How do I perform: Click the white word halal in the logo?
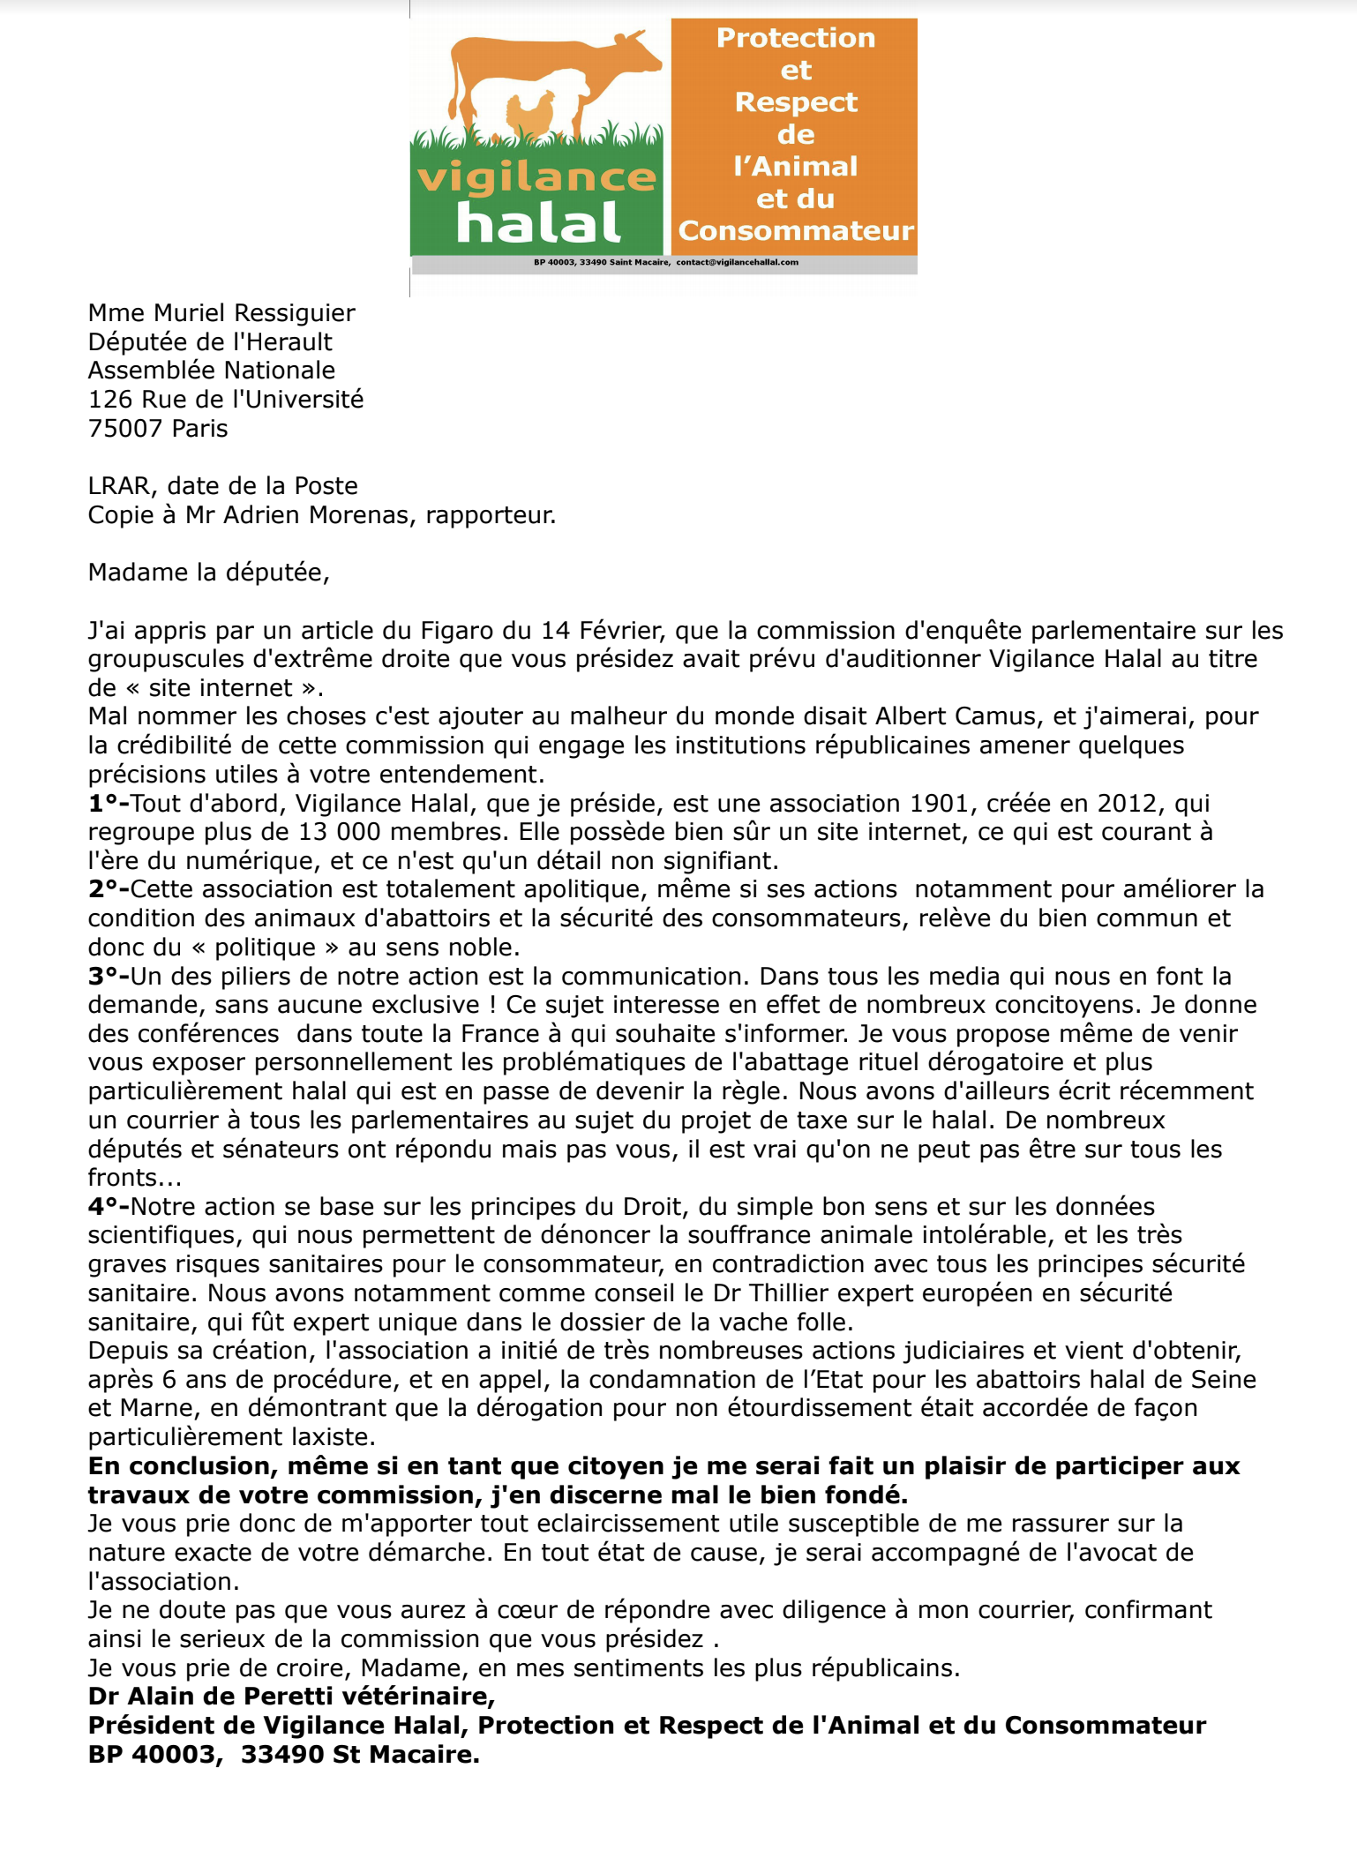(x=538, y=222)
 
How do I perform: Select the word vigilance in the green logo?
(x=536, y=177)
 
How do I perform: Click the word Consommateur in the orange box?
(x=795, y=230)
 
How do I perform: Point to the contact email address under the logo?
(x=737, y=262)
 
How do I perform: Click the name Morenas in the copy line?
(x=359, y=515)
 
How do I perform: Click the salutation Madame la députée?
(x=208, y=573)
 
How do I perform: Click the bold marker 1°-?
(x=108, y=804)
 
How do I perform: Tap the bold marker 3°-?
(x=108, y=977)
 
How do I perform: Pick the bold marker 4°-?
(x=108, y=1207)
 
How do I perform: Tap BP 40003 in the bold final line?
(x=152, y=1755)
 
